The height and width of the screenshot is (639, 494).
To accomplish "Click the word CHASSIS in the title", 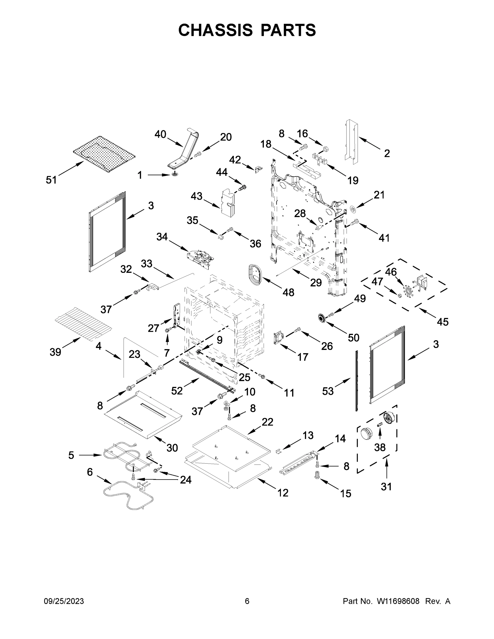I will coord(215,30).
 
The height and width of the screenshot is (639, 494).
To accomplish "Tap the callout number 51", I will coord(51,180).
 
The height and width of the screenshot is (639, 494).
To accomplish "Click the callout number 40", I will coord(160,134).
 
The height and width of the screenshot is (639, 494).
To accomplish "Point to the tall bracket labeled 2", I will coord(352,140).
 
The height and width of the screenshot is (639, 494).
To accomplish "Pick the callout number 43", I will coord(196,196).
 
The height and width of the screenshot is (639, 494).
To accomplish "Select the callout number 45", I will coord(443,322).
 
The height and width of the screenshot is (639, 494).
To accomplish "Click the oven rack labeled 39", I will coord(84,322).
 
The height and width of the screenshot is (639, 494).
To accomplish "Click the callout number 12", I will coord(283,493).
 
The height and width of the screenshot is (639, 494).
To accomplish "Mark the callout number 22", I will coord(267,422).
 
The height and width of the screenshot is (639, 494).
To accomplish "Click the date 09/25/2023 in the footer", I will coord(64,601).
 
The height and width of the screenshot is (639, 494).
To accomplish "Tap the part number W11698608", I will coord(398,601).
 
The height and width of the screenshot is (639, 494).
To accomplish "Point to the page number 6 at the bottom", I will coord(247,601).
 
